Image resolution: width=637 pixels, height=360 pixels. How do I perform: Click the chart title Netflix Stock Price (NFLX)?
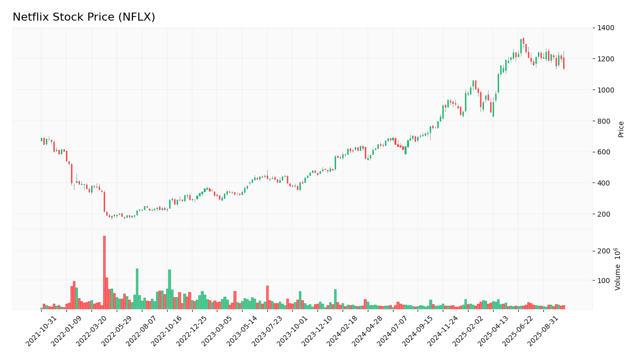coord(84,18)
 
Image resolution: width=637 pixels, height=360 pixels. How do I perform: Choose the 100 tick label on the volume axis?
coord(605,280)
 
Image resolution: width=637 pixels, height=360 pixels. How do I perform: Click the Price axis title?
coord(621,129)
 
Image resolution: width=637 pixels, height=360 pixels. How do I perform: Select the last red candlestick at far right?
coord(564,63)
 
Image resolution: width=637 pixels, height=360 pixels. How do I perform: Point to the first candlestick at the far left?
coord(41,139)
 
